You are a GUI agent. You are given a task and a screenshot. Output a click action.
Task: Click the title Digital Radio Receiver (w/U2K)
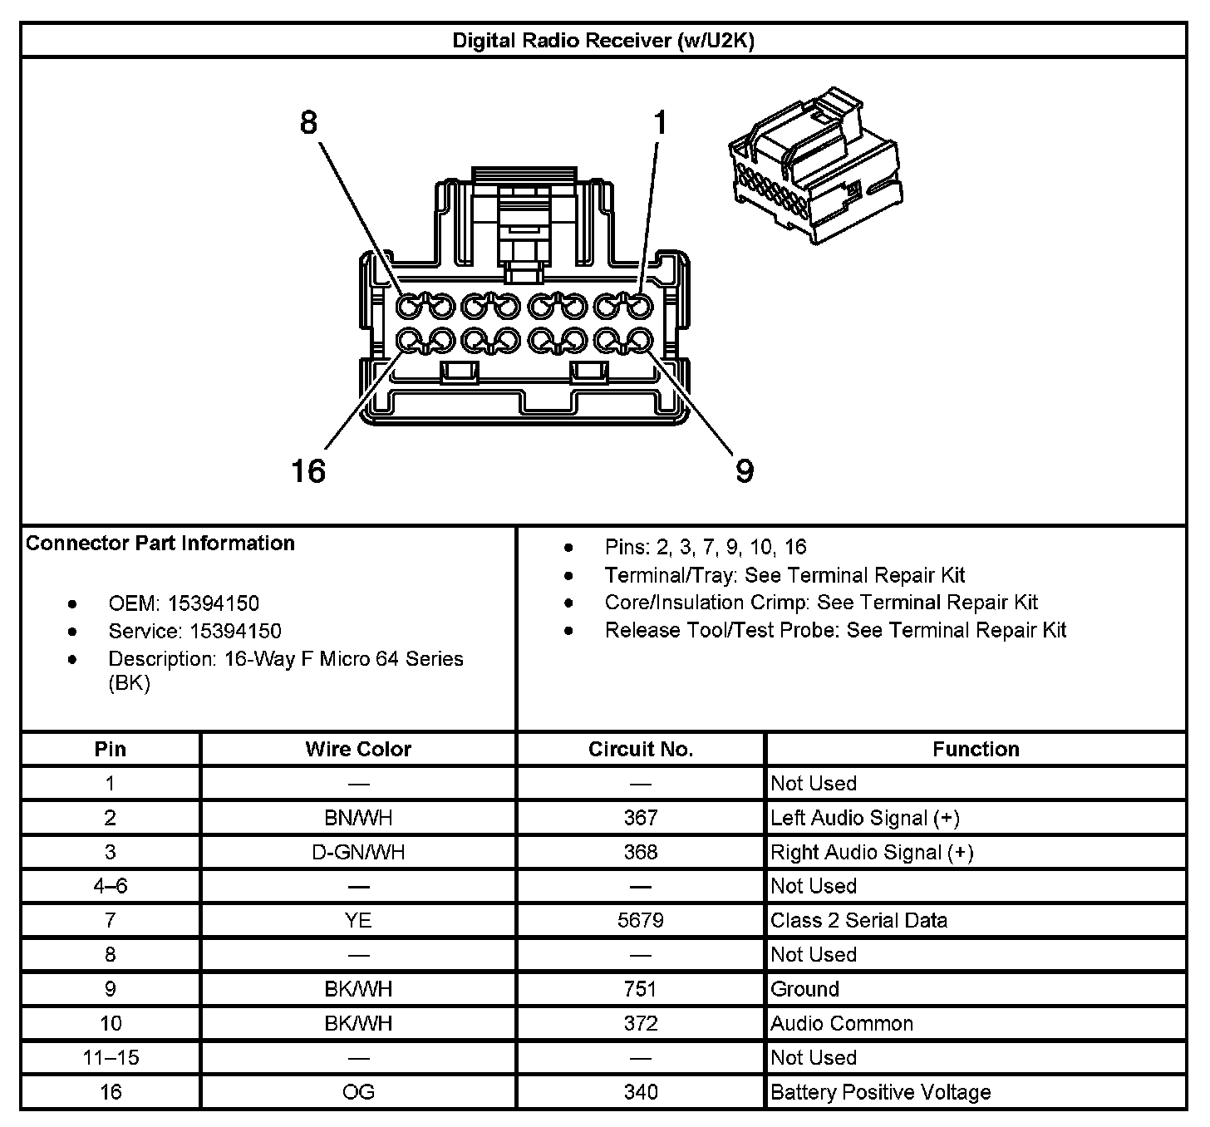click(x=603, y=41)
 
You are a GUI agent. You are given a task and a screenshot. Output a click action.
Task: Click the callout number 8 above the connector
click(x=308, y=123)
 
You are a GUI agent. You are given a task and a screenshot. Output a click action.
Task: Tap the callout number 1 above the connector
click(x=660, y=123)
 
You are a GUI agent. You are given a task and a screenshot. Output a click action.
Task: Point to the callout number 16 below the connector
click(x=308, y=471)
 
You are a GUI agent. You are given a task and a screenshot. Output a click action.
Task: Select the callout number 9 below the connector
click(x=745, y=471)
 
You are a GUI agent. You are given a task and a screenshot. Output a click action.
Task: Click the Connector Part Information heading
click(x=160, y=544)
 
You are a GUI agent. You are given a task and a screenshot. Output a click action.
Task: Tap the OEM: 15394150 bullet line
click(x=184, y=603)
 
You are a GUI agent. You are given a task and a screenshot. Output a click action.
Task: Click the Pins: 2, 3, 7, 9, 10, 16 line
click(x=706, y=547)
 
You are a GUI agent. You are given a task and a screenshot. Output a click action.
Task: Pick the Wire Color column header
click(x=358, y=749)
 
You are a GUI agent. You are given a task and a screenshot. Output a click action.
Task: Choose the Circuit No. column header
click(x=640, y=749)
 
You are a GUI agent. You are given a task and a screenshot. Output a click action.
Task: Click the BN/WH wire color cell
click(x=358, y=818)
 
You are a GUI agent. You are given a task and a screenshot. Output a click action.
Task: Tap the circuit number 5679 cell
click(x=641, y=920)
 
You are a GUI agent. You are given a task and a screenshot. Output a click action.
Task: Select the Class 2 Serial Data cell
click(x=858, y=920)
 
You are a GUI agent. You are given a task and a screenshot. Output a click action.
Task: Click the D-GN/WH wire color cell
click(x=358, y=852)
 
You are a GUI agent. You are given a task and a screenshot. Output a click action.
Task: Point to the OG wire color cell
click(x=358, y=1091)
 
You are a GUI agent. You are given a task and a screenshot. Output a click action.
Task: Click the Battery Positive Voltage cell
click(x=880, y=1091)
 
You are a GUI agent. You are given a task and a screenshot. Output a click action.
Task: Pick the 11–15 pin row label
click(x=111, y=1057)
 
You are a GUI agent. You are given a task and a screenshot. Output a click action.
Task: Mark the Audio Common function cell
click(x=841, y=1023)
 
